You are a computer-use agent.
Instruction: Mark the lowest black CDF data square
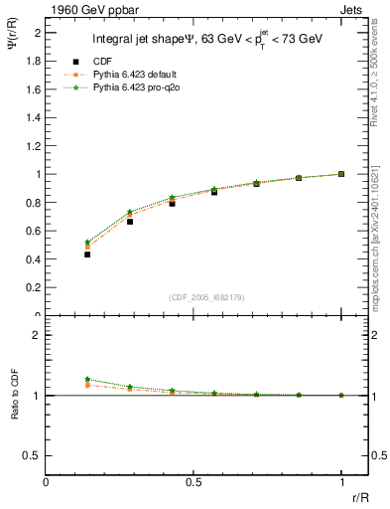coord(88,254)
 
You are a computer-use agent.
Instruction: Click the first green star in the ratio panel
coord(88,379)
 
